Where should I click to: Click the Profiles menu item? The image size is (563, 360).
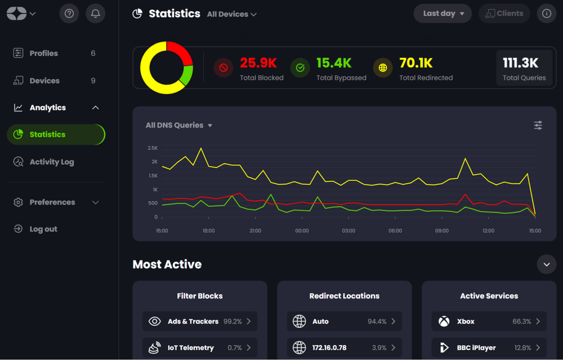tap(43, 54)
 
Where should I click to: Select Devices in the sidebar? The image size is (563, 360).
tap(44, 81)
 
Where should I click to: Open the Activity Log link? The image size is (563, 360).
tap(51, 162)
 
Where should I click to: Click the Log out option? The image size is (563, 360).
tap(43, 229)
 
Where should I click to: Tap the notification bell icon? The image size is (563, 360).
tap(96, 14)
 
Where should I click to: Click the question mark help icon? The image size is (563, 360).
tap(69, 14)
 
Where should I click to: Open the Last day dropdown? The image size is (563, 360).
tap(443, 14)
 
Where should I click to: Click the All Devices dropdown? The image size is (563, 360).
tap(231, 14)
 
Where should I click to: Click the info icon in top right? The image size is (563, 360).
tap(546, 14)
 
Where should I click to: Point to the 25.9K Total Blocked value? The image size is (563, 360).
tap(258, 63)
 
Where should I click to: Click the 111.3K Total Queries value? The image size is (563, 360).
tap(521, 63)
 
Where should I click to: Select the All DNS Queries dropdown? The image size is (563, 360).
tap(178, 125)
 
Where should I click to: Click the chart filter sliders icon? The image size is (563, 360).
tap(538, 125)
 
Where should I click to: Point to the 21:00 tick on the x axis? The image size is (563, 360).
tap(255, 230)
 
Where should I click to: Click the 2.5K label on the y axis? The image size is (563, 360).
tap(152, 148)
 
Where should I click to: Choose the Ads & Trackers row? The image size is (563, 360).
tap(200, 321)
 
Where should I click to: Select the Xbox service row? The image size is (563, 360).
tap(489, 321)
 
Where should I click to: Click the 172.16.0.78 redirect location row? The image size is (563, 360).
tap(344, 348)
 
